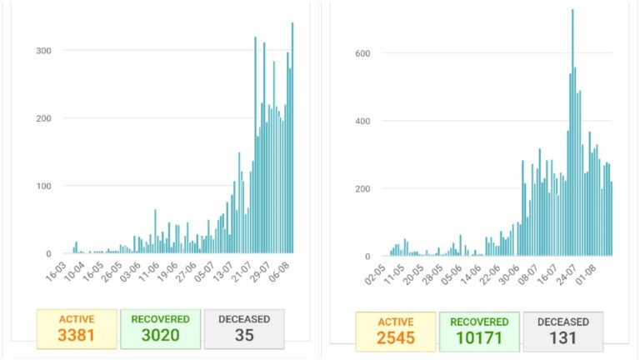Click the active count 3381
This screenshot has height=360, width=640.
point(77,335)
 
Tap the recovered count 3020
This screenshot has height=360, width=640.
point(160,335)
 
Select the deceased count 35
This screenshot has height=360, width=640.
point(243,335)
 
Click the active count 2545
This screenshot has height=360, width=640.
point(395,337)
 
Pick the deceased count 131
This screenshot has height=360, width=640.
point(563,337)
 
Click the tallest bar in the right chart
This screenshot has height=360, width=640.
point(572,133)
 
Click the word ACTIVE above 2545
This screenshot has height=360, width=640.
point(395,321)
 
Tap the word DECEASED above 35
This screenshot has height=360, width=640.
point(243,318)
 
